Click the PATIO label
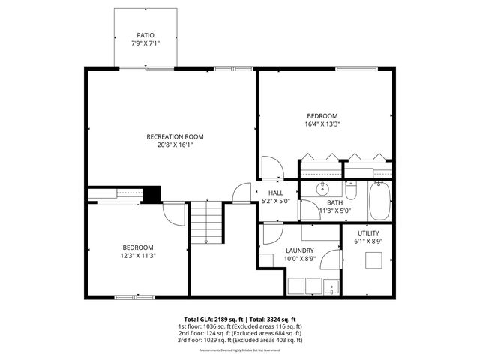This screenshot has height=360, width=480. coord(145,35)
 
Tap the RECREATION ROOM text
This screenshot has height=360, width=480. coord(175,136)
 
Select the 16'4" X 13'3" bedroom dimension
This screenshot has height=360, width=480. coord(323,124)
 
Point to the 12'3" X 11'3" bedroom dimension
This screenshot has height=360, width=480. coord(138,256)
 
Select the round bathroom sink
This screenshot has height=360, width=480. coord(323,188)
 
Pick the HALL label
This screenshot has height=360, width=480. coord(276,193)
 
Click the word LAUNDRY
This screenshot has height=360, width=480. coord(300,250)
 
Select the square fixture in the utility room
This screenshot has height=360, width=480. coord(373,260)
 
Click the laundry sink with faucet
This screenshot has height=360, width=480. coord(331,286)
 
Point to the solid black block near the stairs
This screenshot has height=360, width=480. coord(152,194)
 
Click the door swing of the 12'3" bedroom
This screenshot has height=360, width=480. coord(175,216)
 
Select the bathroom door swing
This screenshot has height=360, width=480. coord(310,211)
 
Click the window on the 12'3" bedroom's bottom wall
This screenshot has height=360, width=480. coord(135,297)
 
